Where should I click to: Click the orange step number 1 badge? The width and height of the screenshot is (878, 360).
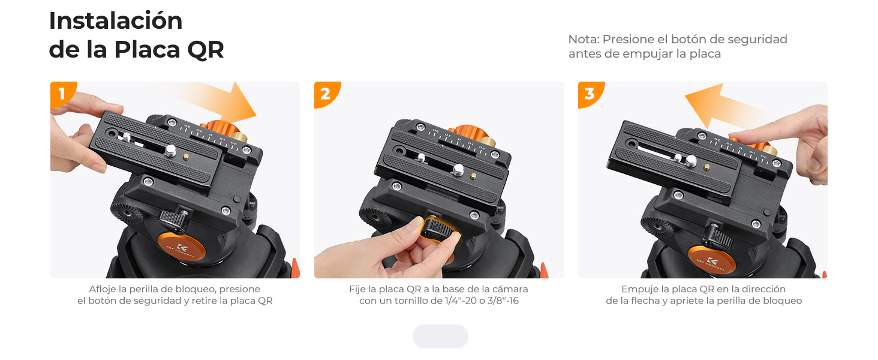click(60, 94)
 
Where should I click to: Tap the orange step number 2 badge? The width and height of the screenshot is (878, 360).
click(324, 94)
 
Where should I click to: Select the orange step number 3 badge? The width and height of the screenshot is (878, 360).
click(588, 94)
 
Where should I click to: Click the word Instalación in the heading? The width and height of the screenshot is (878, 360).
click(116, 21)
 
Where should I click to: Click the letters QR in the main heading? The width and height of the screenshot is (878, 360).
click(205, 50)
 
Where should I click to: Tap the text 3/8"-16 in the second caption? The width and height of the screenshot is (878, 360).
click(503, 301)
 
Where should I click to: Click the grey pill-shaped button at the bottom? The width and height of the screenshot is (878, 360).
click(440, 336)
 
